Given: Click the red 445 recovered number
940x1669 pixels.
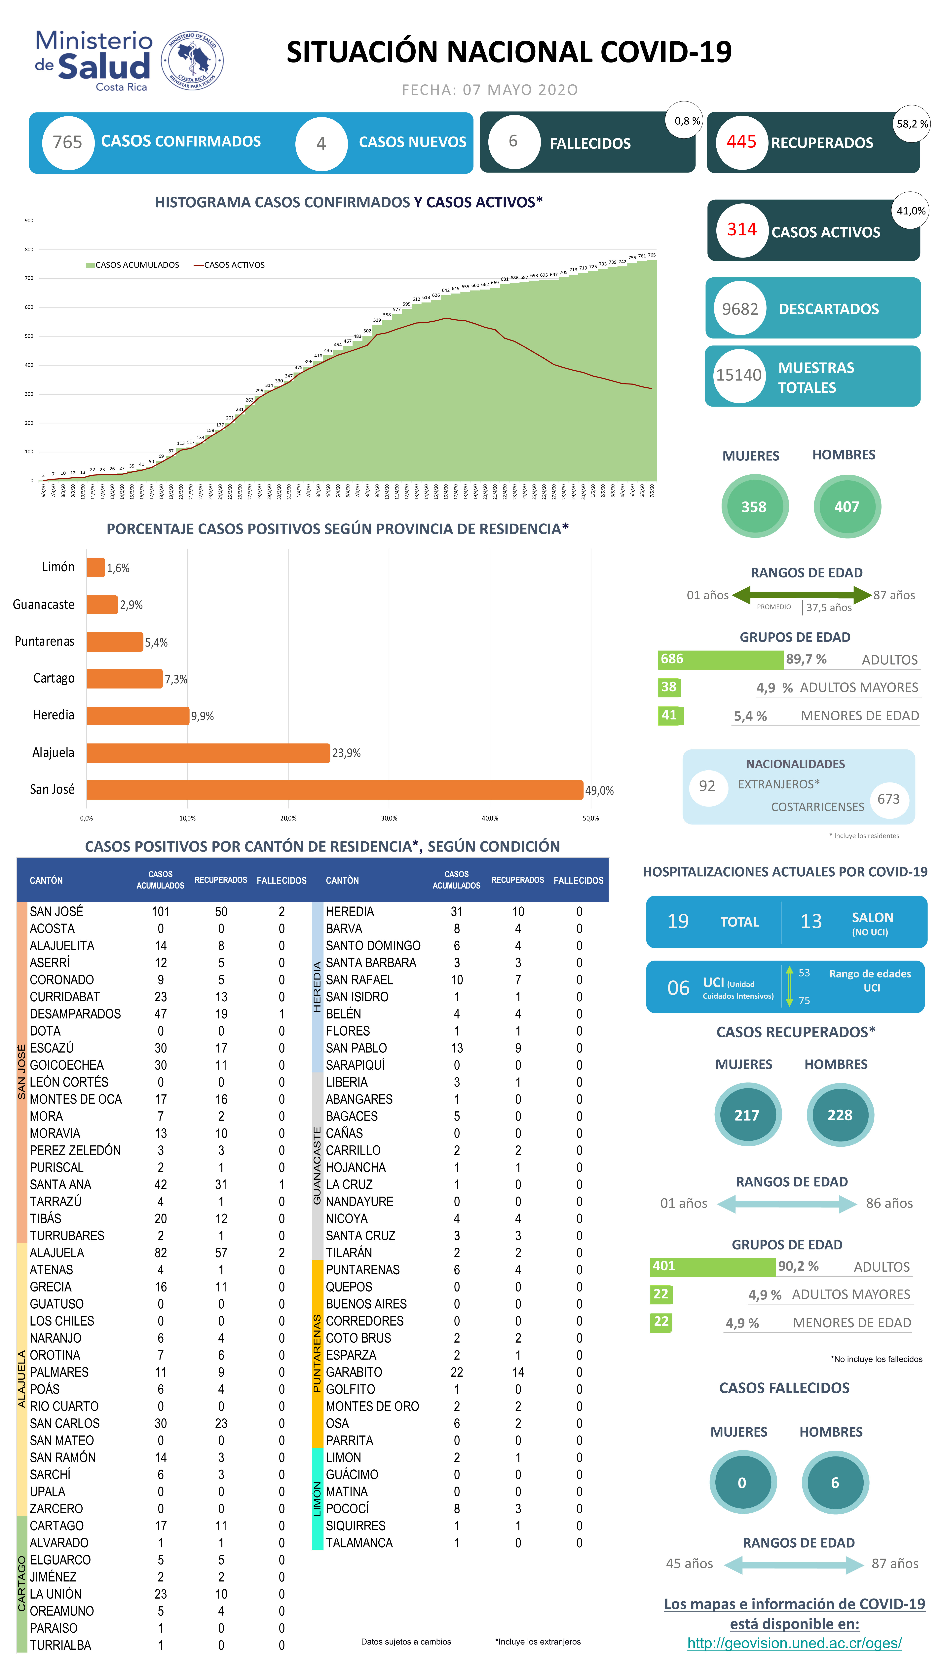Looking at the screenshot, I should point(741,142).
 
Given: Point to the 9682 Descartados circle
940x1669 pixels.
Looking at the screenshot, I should point(740,309).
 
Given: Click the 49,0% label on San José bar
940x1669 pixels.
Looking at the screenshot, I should point(599,790).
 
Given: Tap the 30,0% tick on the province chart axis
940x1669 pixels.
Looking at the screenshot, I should point(389,818).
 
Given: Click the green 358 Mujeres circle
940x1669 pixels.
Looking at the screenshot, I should point(754,507).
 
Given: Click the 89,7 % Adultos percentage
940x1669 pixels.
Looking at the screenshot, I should point(806,659).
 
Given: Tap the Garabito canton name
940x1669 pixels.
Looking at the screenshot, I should point(354,1372).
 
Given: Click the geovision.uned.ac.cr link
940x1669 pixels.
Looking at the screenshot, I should point(794,1643).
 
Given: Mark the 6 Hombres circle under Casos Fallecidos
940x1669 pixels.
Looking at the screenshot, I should point(835,1482).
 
